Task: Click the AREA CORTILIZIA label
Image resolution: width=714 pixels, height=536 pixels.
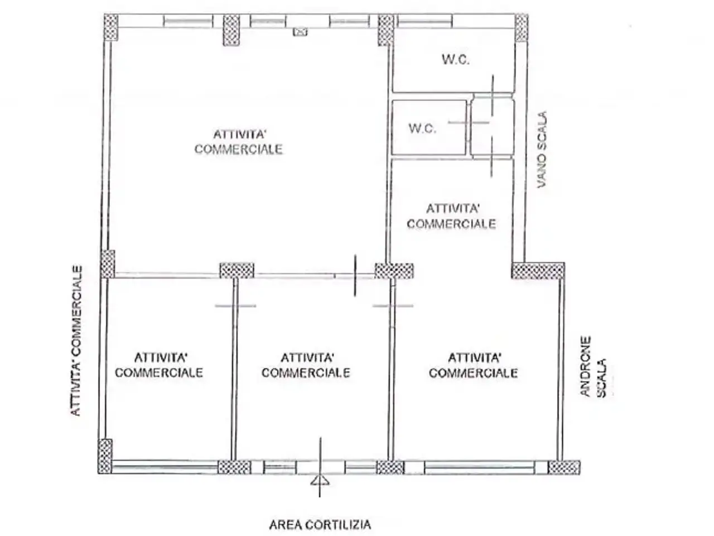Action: click(320, 525)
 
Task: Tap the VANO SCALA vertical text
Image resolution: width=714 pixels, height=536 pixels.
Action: click(542, 150)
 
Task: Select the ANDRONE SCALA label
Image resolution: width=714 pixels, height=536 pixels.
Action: click(594, 367)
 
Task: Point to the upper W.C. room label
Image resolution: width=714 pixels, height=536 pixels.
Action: click(455, 60)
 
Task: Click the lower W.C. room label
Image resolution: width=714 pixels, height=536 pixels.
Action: click(422, 128)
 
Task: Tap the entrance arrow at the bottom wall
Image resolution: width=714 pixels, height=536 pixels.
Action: click(320, 480)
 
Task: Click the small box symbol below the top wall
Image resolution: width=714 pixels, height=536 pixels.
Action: click(300, 32)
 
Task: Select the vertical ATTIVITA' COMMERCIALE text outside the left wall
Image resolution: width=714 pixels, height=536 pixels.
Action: click(76, 341)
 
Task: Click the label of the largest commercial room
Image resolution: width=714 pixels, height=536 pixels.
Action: click(238, 142)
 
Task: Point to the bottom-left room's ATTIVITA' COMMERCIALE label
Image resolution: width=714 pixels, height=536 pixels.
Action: click(159, 365)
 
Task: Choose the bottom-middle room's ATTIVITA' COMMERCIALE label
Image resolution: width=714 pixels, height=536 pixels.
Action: click(306, 365)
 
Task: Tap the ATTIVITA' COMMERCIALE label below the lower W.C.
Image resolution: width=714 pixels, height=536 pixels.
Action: click(451, 217)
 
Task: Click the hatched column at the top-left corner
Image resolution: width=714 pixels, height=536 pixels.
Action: click(111, 27)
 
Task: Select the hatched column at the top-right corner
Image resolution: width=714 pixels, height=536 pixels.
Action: click(522, 28)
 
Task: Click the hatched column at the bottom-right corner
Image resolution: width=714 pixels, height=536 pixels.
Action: click(564, 467)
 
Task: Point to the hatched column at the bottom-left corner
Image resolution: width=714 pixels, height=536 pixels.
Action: click(105, 457)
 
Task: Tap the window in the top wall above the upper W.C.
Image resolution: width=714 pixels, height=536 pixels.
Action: click(425, 21)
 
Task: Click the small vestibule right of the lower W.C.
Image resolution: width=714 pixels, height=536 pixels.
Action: click(493, 126)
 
